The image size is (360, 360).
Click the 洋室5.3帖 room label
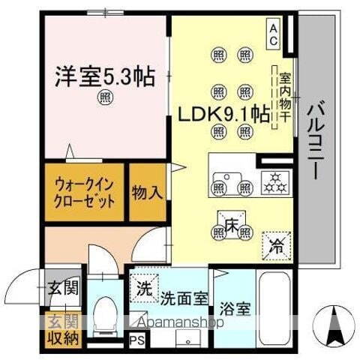click(105, 76)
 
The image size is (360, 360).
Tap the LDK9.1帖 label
click(223, 114)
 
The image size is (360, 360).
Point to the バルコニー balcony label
click(316, 138)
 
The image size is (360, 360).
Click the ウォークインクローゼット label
click(84, 193)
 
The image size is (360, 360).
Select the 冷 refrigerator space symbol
click(277, 244)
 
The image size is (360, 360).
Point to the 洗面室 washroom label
click(182, 298)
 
